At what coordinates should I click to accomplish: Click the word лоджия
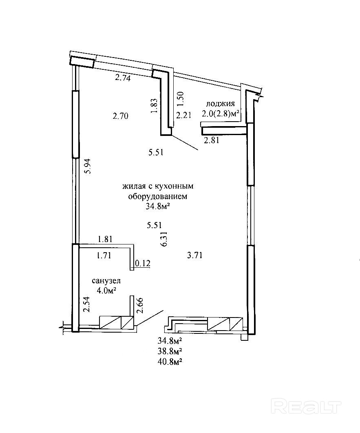221,104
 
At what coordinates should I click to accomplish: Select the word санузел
106,281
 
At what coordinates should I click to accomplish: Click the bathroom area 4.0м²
106,290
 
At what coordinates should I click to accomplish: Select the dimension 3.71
195,255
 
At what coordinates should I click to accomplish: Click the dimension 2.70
121,116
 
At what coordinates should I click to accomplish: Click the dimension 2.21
183,115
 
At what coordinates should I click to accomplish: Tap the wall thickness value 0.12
143,264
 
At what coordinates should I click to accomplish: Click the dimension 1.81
105,239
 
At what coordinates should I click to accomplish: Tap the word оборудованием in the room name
157,196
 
